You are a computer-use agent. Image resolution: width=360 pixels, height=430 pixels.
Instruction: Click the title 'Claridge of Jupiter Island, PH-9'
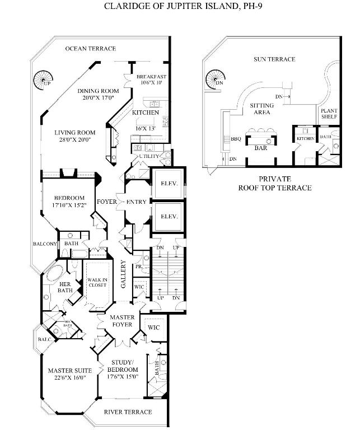pyautogui.click(x=179, y=7)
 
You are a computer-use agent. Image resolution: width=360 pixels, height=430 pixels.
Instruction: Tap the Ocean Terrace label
pyautogui.click(x=90, y=49)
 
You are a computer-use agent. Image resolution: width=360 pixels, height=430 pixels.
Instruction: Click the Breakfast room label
pyautogui.click(x=151, y=77)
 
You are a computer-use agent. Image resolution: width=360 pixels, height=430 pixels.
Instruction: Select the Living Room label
pyautogui.click(x=74, y=133)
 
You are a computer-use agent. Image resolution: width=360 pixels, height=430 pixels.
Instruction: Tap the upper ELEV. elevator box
pyautogui.click(x=169, y=183)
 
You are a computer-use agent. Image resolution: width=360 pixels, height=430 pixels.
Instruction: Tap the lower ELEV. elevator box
pyautogui.click(x=169, y=216)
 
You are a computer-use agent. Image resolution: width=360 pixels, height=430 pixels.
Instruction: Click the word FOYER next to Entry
pyautogui.click(x=106, y=202)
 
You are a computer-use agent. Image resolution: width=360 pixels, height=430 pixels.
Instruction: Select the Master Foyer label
pyautogui.click(x=122, y=321)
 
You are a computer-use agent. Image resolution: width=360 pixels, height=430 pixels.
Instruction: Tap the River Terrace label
pyautogui.click(x=128, y=412)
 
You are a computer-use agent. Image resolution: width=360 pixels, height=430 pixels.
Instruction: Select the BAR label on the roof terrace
pyautogui.click(x=260, y=149)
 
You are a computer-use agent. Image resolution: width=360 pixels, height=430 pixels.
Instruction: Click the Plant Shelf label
pyautogui.click(x=329, y=114)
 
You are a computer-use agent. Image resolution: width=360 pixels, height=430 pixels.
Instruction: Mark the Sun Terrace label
pyautogui.click(x=274, y=59)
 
